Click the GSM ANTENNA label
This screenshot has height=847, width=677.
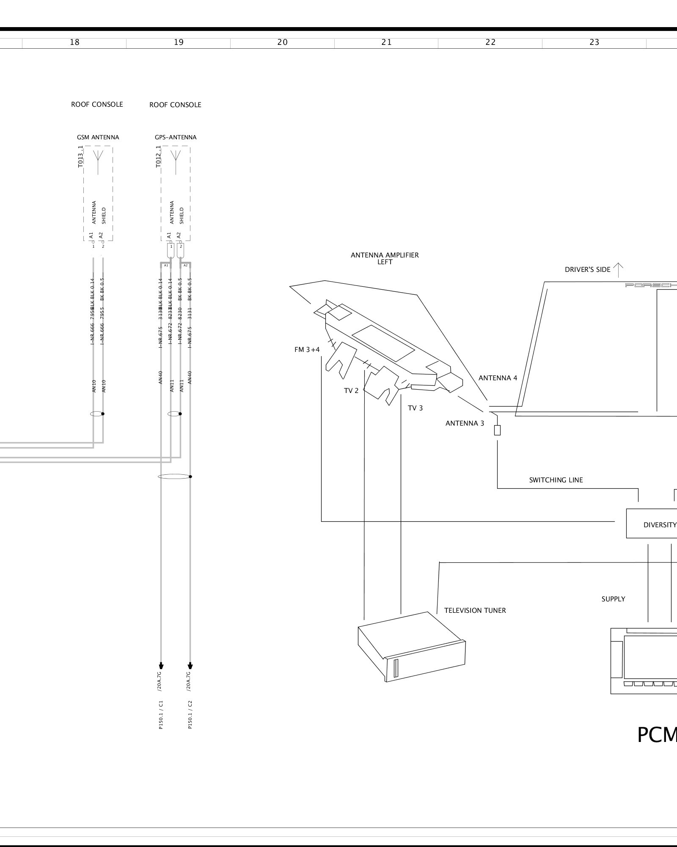click(98, 137)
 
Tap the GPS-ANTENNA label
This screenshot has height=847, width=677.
click(175, 137)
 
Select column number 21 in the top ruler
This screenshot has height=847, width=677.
click(386, 42)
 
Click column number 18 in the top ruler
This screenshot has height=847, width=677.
click(74, 42)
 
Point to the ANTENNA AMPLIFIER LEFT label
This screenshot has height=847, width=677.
click(385, 258)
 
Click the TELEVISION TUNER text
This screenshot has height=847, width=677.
click(475, 610)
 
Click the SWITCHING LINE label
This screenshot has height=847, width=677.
click(556, 480)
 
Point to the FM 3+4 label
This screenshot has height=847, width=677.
click(307, 350)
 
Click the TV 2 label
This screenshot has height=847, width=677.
click(351, 390)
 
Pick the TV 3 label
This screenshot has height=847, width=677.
click(415, 408)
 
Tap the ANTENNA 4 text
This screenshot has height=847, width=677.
click(498, 378)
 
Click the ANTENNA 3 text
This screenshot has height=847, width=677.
click(465, 423)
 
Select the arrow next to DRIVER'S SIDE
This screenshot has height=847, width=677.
click(618, 269)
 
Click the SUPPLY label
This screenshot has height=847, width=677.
click(613, 599)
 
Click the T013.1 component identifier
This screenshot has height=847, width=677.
click(80, 157)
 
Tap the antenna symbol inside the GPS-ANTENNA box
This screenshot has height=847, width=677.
click(176, 161)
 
